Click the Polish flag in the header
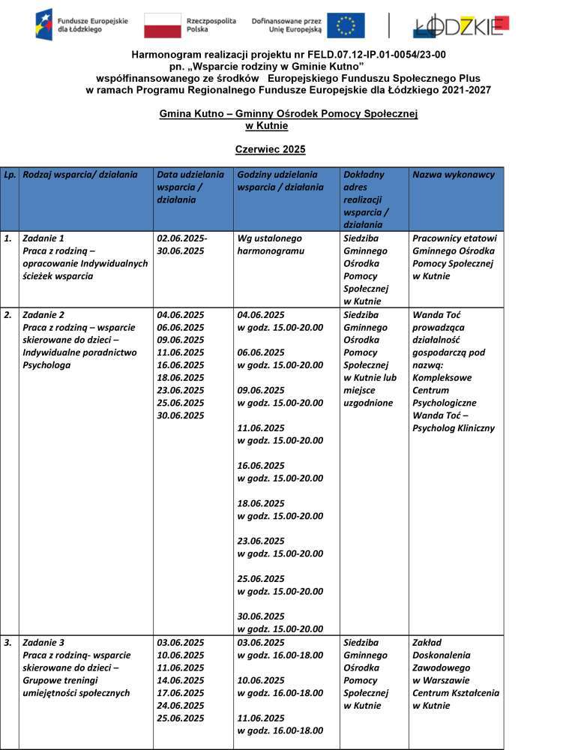tap(162, 25)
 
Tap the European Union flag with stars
tap(346, 25)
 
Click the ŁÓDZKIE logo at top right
tap(460, 26)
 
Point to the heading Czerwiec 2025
tap(271, 149)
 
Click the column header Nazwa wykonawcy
tap(454, 175)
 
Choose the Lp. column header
tap(9, 175)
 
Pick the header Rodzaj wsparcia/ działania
tap(80, 175)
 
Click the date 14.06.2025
tap(180, 680)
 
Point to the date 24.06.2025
tap(180, 706)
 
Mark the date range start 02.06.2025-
tap(182, 238)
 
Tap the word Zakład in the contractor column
tap(427, 643)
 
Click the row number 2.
tap(7, 315)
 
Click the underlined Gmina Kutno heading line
tap(288, 113)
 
